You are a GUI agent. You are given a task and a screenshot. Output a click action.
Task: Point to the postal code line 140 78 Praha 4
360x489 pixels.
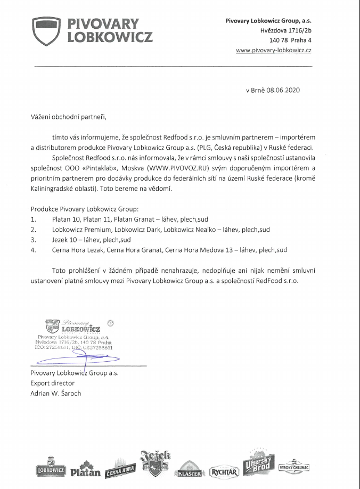[290, 40]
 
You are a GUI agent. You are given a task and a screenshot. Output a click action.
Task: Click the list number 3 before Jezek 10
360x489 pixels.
[33, 240]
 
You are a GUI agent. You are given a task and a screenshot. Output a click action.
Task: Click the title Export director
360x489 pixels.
[52, 383]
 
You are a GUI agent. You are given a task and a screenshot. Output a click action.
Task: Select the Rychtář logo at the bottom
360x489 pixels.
[223, 471]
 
